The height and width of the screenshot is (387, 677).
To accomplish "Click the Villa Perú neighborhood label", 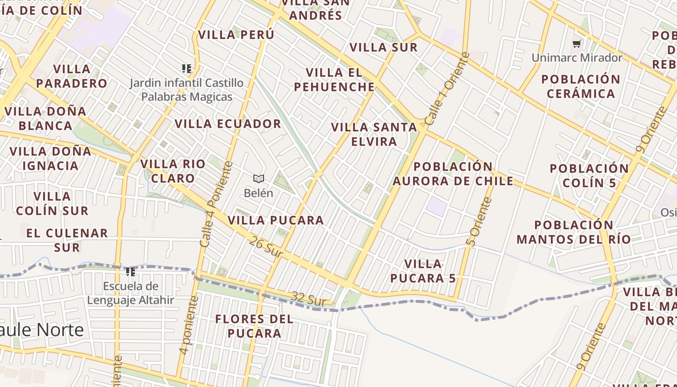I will coord(236,35).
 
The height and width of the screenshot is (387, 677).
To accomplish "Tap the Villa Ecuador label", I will coord(228,124).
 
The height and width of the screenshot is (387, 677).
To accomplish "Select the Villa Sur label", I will coord(383,47).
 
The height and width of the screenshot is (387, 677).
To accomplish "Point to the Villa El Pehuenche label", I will coord(340,80).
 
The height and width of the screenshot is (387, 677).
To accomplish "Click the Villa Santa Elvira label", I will coord(374,134).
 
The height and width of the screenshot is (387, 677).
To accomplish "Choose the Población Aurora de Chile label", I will coord(453,174).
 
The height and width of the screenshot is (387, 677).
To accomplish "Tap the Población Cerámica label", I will coord(580,86).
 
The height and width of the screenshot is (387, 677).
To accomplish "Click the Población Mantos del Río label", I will coord(574,232).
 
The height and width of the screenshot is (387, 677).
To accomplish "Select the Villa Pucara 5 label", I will coord(423,271).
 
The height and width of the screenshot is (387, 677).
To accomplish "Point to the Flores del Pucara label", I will coord(254,326).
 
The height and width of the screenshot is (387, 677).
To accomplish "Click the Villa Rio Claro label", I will coord(173,171).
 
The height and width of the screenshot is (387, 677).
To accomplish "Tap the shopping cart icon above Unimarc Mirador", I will coord(576,44).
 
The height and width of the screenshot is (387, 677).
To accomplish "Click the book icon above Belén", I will coord(259,179).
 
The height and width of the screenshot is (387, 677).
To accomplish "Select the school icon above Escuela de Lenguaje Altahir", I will coord(131,272).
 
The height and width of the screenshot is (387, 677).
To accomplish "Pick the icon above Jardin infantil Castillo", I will coord(187,69).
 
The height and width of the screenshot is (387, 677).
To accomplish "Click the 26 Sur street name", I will coord(266,247).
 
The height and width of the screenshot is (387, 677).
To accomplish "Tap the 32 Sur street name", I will coord(309,298).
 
